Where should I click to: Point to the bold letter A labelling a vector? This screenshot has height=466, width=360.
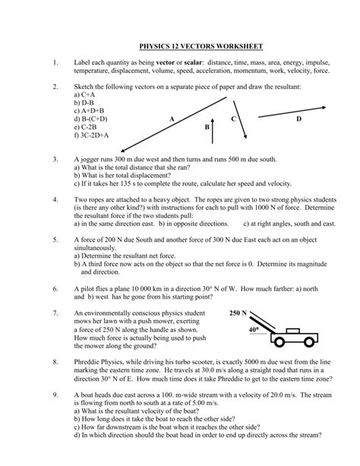tap(172, 120)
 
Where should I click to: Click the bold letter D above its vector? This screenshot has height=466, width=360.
tap(298, 119)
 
